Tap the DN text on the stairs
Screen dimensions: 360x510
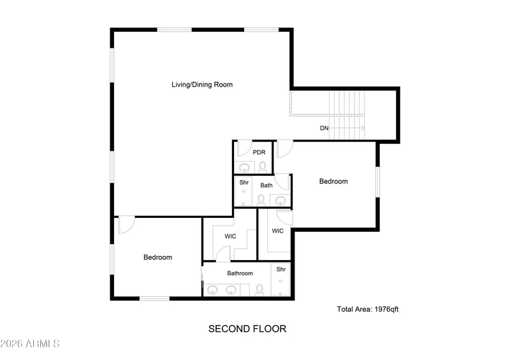coord(324,128)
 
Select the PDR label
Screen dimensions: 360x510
coord(259,152)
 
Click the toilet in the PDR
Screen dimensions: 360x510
coord(263,167)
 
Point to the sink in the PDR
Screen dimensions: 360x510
coord(244,168)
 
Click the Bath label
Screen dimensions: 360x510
coord(266,185)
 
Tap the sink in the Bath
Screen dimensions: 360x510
coord(281,201)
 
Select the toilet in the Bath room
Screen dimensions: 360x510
coord(261,199)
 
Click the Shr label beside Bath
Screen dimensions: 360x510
coord(244,182)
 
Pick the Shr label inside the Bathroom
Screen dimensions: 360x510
coord(280,270)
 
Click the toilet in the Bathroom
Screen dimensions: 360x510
coord(259,290)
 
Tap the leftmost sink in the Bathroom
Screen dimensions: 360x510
coord(213,291)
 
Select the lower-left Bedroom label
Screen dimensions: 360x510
coord(157,257)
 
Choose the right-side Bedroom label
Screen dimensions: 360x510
coord(333,182)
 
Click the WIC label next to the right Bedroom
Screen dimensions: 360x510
coord(278,231)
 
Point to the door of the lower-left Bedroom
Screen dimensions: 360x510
coord(126,225)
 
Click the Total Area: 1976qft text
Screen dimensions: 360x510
coord(368,310)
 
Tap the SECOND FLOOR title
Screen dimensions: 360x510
coord(247,329)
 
